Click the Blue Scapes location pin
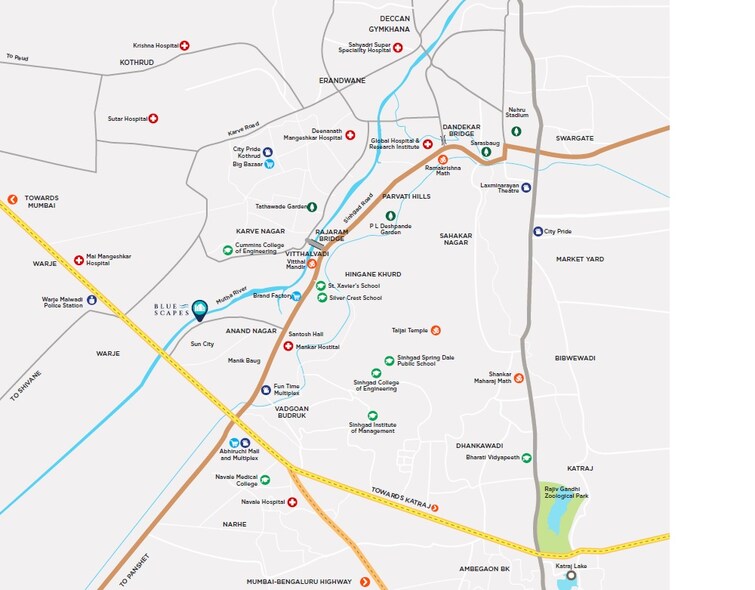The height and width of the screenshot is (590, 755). click(199, 307)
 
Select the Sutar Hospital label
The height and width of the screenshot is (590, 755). click(127, 119)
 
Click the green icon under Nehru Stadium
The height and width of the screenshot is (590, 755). click(516, 131)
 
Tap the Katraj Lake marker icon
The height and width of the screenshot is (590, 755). click(572, 576)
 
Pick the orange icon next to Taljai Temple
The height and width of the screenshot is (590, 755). click(435, 330)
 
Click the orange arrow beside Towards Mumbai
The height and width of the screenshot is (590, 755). click(12, 199)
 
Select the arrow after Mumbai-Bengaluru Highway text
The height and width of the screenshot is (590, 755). click(365, 581)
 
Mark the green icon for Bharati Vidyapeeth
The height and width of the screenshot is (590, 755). click(526, 457)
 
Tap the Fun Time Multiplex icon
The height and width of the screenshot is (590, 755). click(265, 389)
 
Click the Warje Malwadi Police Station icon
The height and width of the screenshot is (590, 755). click(92, 300)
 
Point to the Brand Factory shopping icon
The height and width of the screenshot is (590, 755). click(296, 296)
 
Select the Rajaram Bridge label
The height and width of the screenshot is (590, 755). click(330, 236)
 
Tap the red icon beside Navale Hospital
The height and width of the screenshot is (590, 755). click(292, 502)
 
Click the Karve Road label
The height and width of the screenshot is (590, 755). click(243, 129)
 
